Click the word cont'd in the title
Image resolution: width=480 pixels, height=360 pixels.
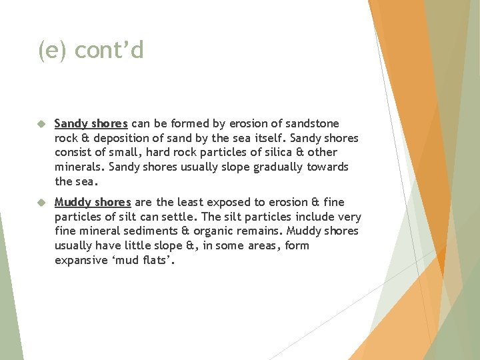click(109, 50)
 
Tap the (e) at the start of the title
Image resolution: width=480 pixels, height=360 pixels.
click(53, 50)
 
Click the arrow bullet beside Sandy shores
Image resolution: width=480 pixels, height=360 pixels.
click(40, 124)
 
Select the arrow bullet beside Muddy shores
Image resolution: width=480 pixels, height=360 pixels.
click(40, 202)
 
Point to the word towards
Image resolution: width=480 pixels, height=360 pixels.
click(327, 167)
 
